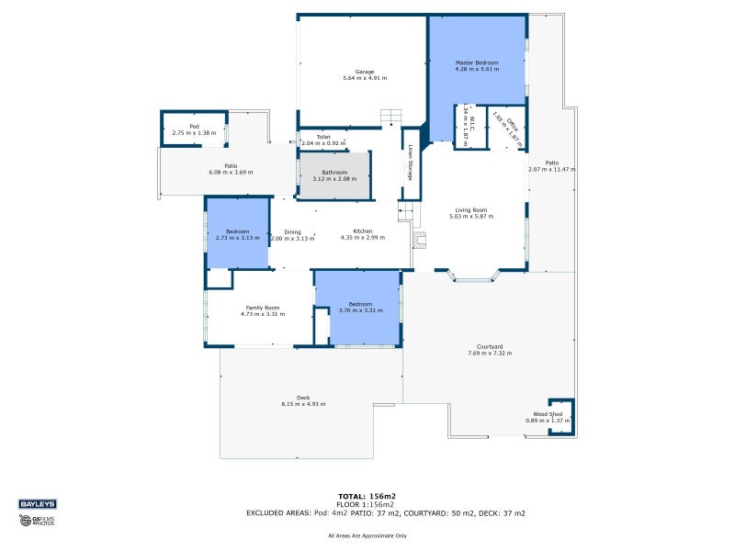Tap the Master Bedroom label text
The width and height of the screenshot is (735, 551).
pos(477,62)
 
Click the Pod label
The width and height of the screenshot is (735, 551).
pos(194,126)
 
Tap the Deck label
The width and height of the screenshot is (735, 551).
pos(302,398)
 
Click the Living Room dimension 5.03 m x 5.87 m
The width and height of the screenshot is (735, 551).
pos(471,217)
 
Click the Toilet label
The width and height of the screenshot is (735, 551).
pos(323,137)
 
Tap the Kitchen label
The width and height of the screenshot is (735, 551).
pos(363,231)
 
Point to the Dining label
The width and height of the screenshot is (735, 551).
pos(292,231)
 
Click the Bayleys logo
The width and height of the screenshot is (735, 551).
pos(37,503)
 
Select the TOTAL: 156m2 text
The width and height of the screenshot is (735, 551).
pos(367,496)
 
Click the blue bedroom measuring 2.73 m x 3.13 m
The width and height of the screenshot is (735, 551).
pos(237,234)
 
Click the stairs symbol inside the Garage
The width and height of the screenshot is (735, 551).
pos(391,118)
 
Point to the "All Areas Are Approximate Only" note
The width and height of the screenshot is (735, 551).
pos(367,535)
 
